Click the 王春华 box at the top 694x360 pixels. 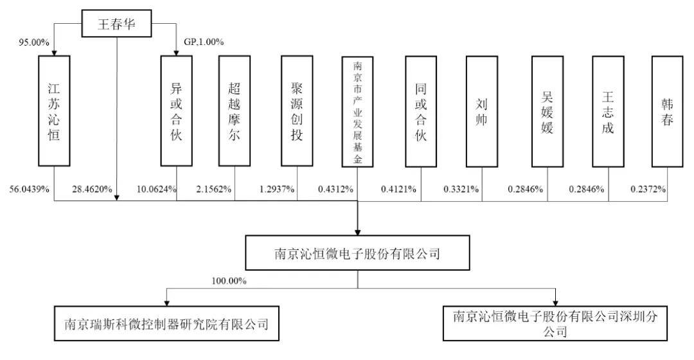[x=116, y=24]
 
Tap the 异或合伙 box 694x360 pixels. [x=177, y=111]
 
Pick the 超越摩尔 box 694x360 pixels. [x=235, y=111]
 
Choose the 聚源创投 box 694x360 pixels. [x=296, y=111]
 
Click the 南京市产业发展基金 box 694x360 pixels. [x=358, y=112]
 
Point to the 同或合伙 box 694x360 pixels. [x=421, y=111]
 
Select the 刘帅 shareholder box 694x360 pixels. [x=482, y=111]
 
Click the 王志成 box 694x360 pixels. [x=608, y=111]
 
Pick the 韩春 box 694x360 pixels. [x=667, y=111]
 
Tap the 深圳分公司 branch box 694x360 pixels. [x=556, y=323]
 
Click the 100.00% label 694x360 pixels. [x=229, y=281]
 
